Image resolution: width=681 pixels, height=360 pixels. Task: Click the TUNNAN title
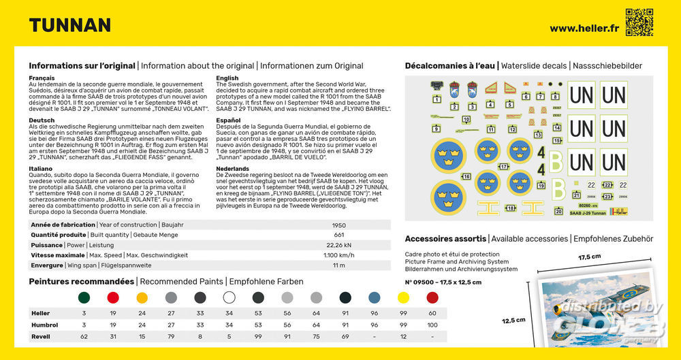pos(69,25)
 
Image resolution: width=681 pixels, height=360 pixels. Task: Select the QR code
pos(639,22)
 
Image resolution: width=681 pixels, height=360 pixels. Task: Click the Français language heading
pos(42,78)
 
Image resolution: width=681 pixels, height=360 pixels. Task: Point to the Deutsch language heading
pos(41,120)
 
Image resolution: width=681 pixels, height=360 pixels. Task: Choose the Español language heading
pos(227,120)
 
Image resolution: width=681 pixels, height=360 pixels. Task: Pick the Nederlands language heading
pos(232,168)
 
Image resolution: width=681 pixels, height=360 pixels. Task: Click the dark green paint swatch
pos(84,297)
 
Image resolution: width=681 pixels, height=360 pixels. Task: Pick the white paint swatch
pos(229,297)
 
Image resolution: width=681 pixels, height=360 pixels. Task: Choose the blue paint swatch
pos(374,297)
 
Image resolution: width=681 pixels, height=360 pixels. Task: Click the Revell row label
pos(41,336)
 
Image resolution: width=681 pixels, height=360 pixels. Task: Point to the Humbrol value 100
pos(432,325)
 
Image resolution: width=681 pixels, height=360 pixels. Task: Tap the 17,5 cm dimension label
pos(590,257)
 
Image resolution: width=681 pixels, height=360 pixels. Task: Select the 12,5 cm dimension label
pos(513,320)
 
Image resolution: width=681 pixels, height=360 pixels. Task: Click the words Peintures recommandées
pos(81,281)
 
